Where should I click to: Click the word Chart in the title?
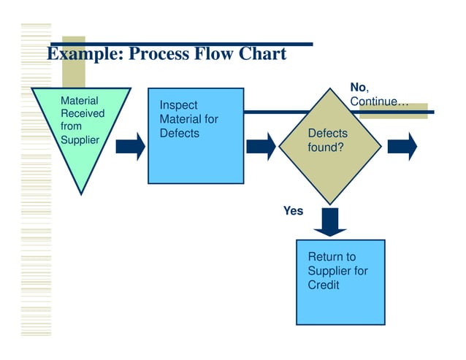pos(260,54)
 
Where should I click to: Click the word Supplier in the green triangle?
pos(80,139)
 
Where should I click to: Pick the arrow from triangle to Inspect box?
pos(131,145)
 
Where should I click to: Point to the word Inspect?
pos(178,106)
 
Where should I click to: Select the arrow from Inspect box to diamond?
pos(261,146)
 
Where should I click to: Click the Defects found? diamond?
pos(330,145)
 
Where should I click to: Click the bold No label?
pos(358,88)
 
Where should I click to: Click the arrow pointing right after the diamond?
pos(402,146)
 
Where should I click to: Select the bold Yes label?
pos(293,211)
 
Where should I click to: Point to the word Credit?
pos(324,285)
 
